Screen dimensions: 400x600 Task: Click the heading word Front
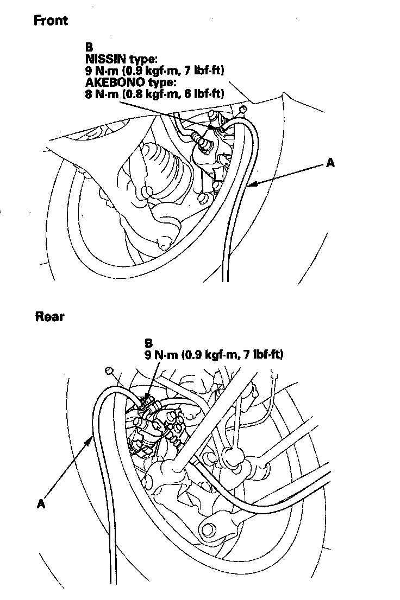point(51,21)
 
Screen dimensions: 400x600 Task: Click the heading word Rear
point(49,316)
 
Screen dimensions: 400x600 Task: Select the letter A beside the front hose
point(329,162)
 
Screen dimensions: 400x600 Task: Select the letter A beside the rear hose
point(40,504)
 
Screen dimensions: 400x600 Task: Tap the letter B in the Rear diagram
point(149,343)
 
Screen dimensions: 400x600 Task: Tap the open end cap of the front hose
point(243,110)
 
